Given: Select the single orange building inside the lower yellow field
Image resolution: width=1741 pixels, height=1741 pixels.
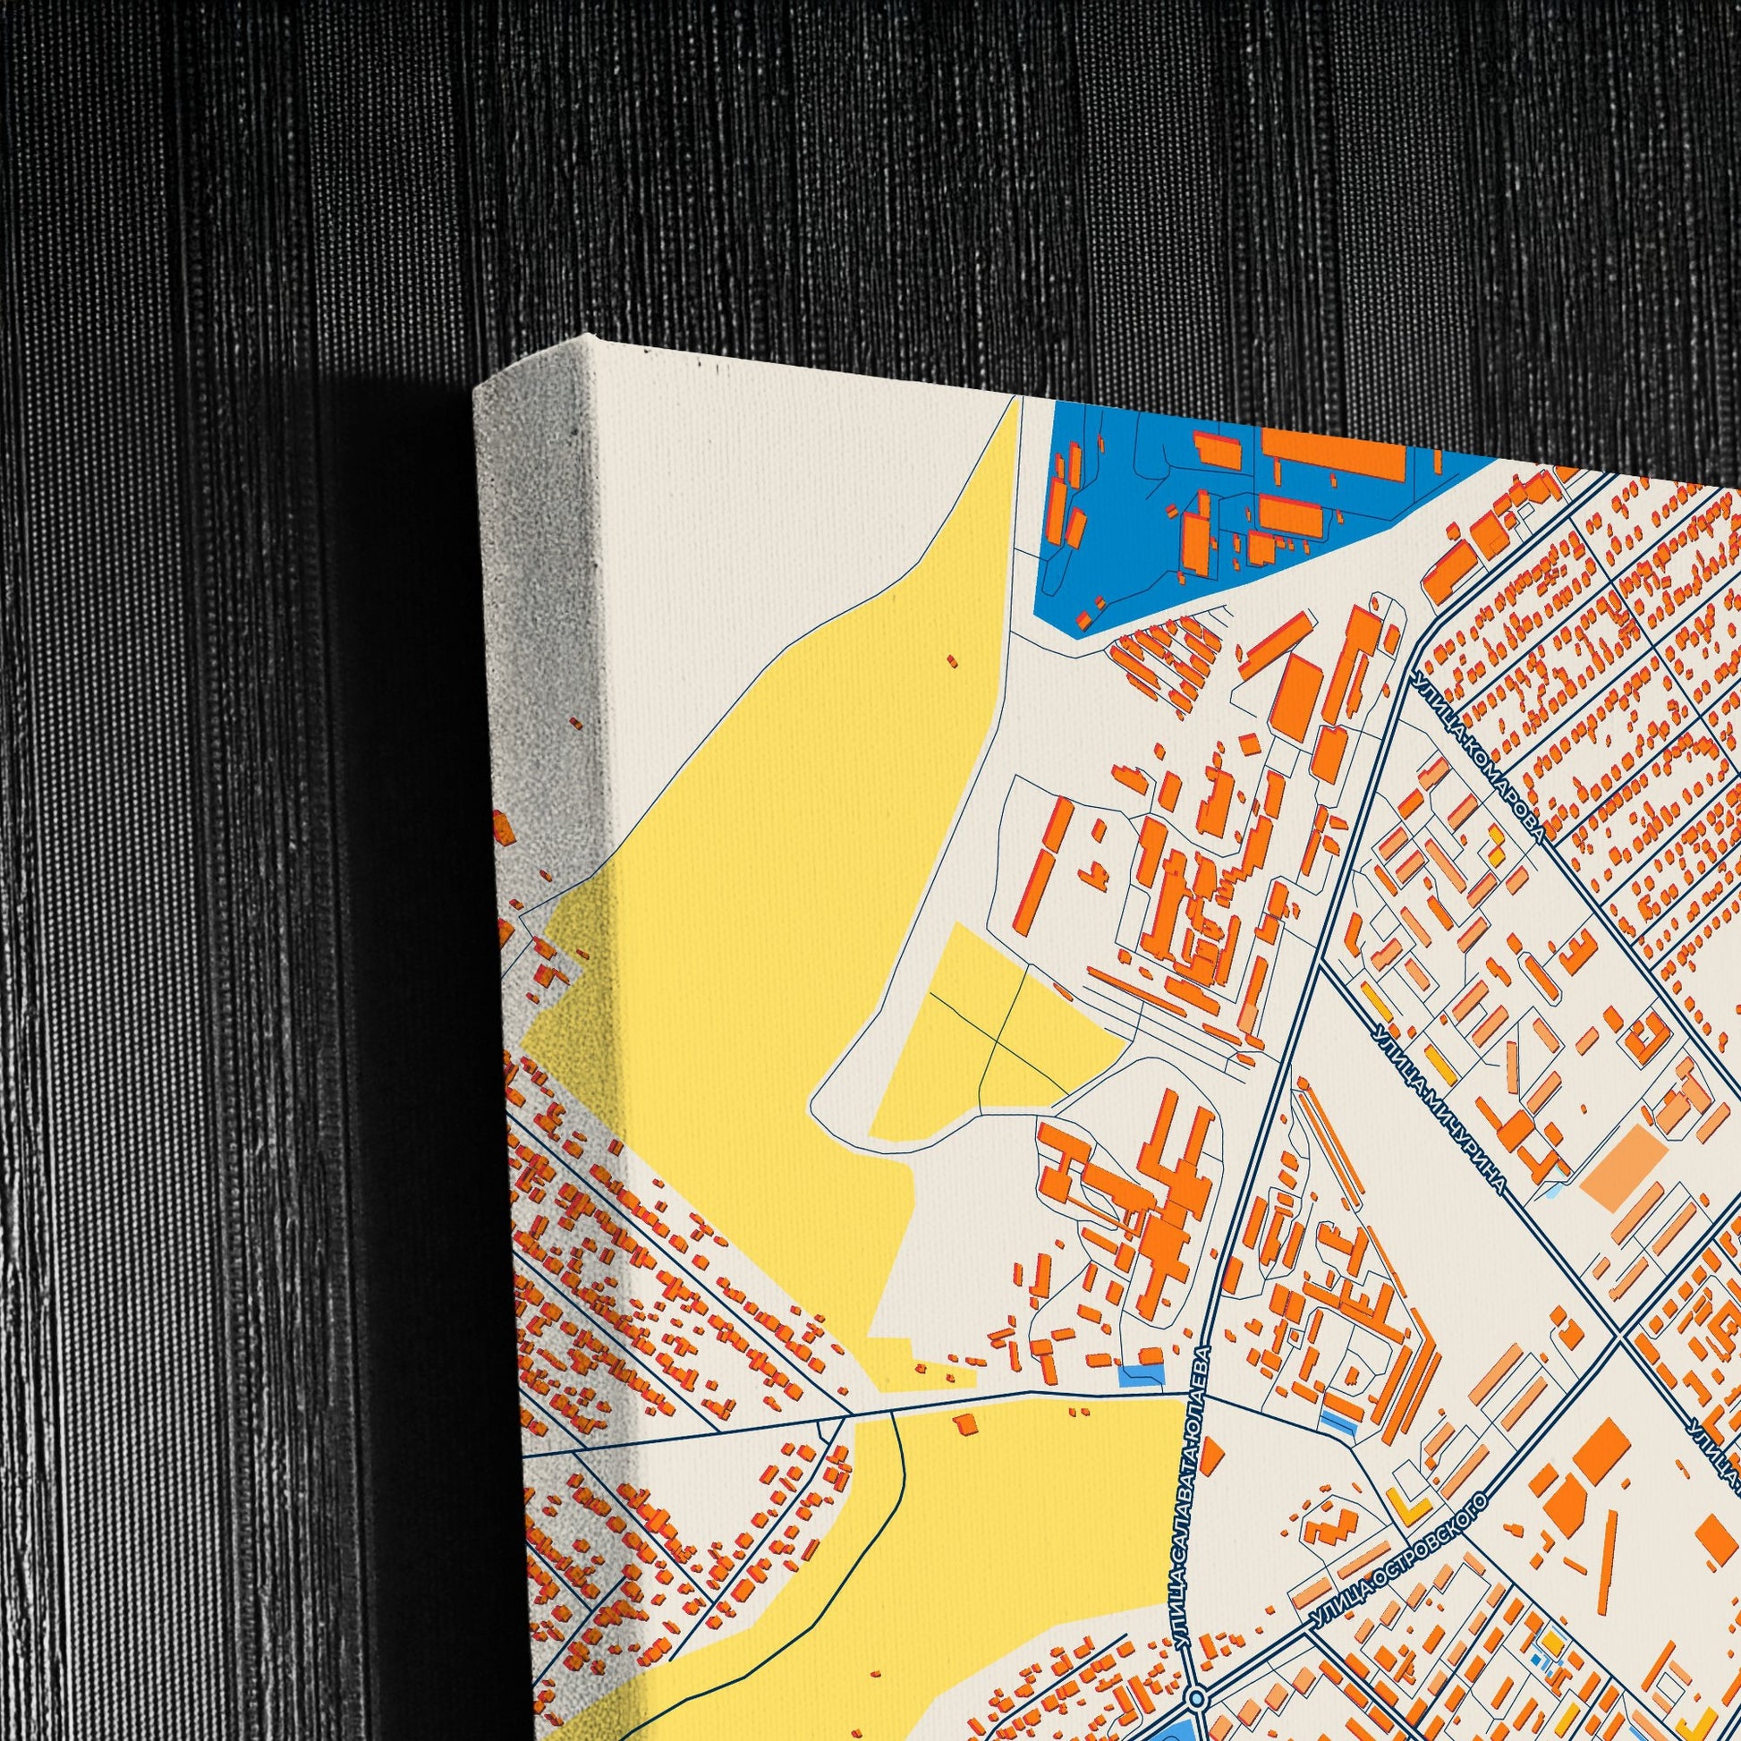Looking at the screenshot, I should click(965, 1421).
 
